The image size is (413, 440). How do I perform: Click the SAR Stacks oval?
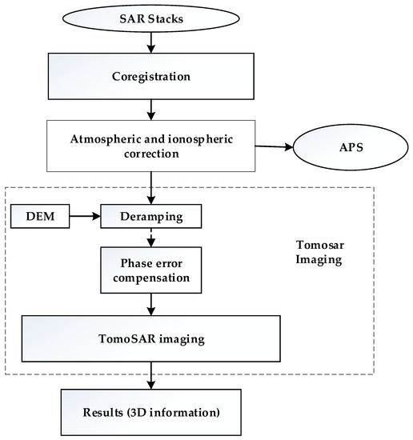pyautogui.click(x=150, y=18)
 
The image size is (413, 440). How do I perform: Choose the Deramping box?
pyautogui.click(x=150, y=215)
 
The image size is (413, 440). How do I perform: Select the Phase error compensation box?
pyautogui.click(x=150, y=270)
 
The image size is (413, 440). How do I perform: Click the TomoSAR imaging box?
pyautogui.click(x=150, y=338)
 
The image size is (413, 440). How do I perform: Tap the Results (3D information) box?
pyautogui.click(x=150, y=413)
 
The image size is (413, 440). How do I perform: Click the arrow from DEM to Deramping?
pyautogui.click(x=83, y=215)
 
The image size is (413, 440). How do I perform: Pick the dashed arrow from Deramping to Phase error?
pyautogui.click(x=150, y=237)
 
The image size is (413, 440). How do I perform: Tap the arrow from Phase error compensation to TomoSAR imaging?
pyautogui.click(x=150, y=304)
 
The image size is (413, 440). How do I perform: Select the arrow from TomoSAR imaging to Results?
pyautogui.click(x=150, y=375)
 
